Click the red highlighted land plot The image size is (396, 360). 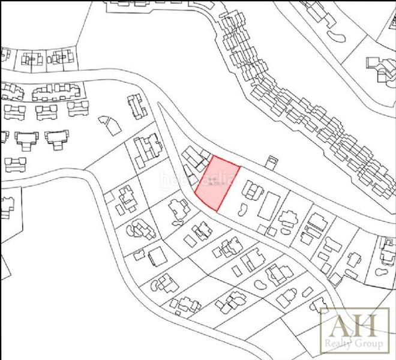(x=217, y=183)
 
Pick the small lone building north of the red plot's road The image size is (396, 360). (x=272, y=163)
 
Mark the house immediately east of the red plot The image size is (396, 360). (x=251, y=191)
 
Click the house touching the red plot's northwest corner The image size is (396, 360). (x=196, y=157)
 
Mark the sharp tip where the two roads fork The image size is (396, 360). (x=160, y=104)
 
